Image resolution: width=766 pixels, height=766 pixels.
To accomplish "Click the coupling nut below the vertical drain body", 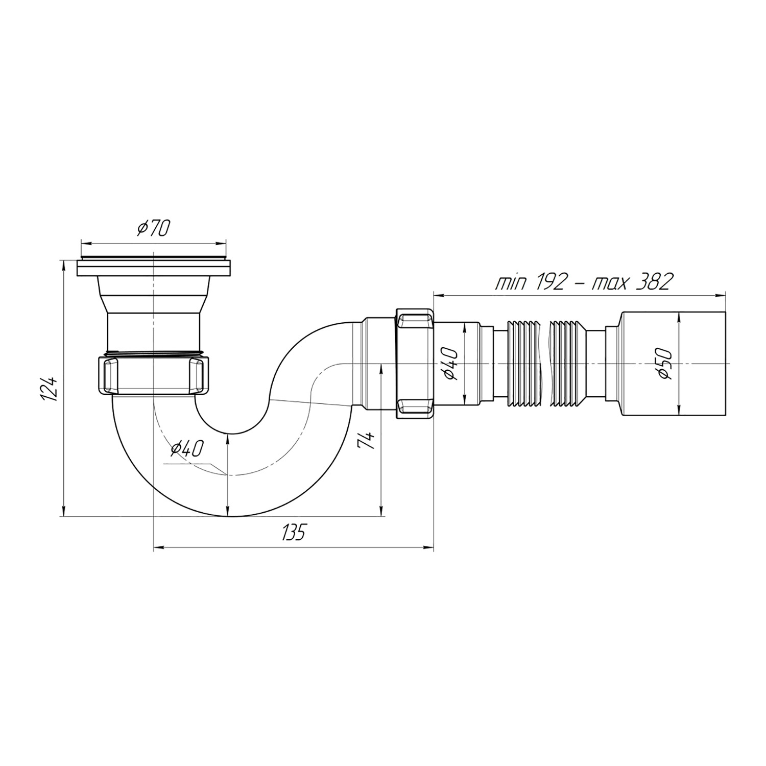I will (153, 375).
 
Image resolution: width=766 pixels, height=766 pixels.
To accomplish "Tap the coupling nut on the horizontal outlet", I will (414, 363).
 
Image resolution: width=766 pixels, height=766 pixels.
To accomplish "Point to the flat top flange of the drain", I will (153, 268).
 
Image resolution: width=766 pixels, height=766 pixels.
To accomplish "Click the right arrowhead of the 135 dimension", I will (429, 548).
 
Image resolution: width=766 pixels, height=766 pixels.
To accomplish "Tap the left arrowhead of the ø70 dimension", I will (85, 242).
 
